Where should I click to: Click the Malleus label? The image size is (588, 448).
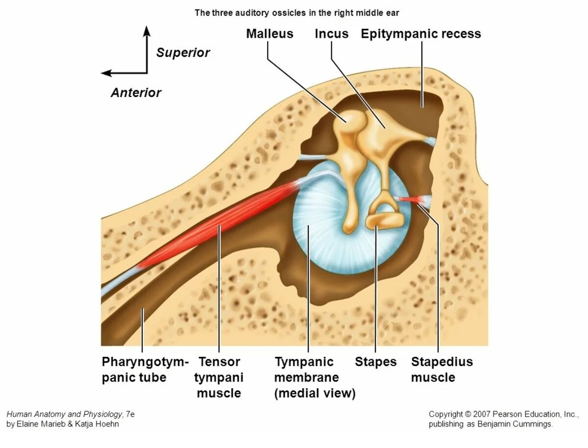coord(269,34)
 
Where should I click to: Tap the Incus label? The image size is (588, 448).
coord(332,34)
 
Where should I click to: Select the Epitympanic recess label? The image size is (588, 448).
coord(421,34)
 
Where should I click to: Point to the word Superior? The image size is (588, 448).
coord(183,53)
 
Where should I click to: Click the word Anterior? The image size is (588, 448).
coord(136,93)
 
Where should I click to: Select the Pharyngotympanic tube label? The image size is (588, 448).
coord(145,370)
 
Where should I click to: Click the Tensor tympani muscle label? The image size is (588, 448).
coord(219,377)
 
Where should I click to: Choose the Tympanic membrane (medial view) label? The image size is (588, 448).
coord(315,377)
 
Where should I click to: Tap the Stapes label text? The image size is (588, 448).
coord(376,362)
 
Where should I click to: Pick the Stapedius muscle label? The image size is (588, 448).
coord(441,370)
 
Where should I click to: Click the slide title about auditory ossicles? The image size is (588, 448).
coord(297,13)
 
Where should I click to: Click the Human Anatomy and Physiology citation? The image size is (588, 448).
coord(71,419)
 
